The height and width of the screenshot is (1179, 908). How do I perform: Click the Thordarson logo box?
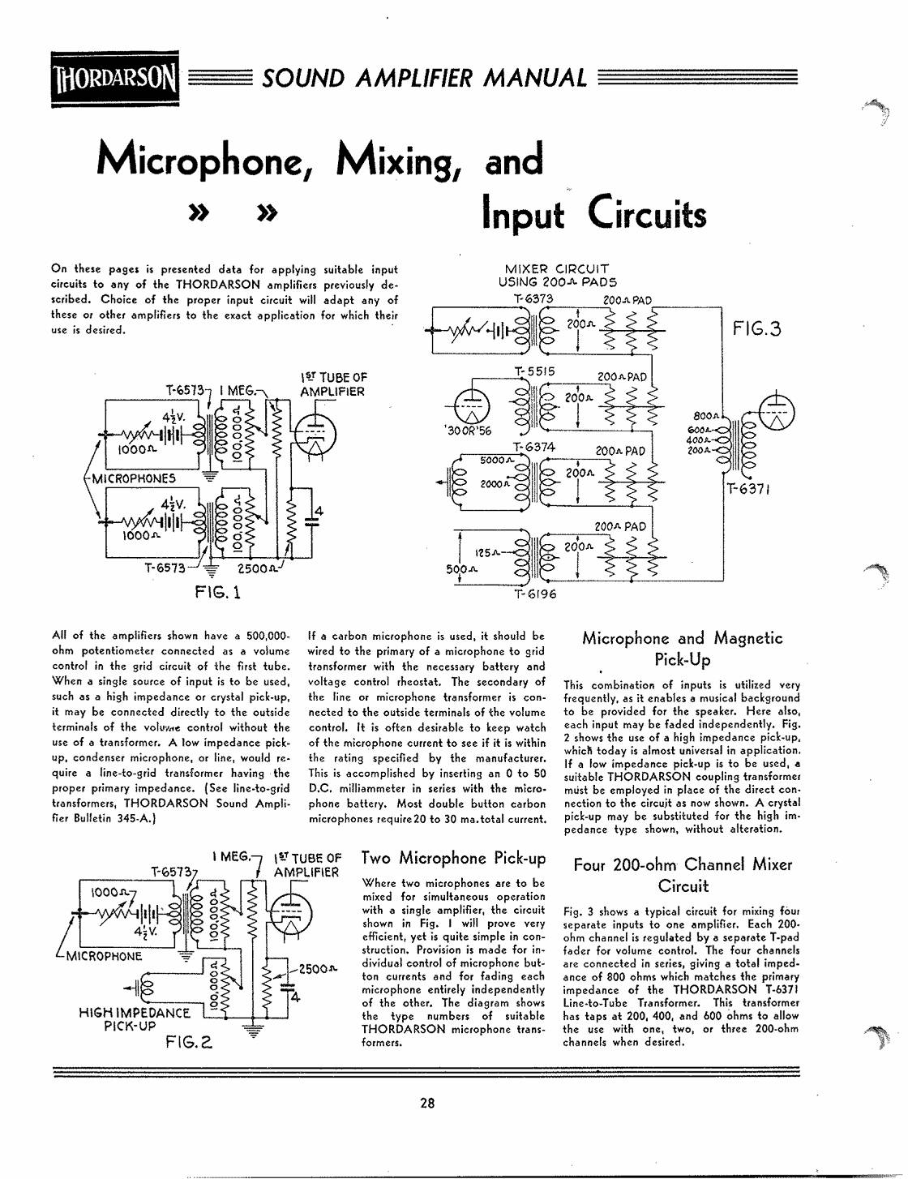click(x=115, y=79)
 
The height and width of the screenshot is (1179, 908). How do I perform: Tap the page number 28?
click(x=427, y=1103)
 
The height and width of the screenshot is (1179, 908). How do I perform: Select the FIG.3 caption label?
click(x=757, y=328)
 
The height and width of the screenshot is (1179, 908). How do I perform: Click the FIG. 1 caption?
click(x=217, y=592)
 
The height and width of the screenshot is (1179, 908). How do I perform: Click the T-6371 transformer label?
click(x=748, y=489)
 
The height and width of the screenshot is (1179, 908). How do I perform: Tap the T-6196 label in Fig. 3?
click(x=535, y=594)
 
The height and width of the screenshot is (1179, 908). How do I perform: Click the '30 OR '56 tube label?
click(x=467, y=431)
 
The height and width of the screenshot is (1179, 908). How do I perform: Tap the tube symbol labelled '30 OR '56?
click(x=471, y=406)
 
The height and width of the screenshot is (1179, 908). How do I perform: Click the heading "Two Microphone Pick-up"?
click(x=453, y=858)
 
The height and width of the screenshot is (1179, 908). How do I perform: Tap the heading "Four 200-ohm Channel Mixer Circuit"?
click(x=683, y=875)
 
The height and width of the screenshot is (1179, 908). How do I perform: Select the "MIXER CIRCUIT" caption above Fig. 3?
click(x=556, y=268)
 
